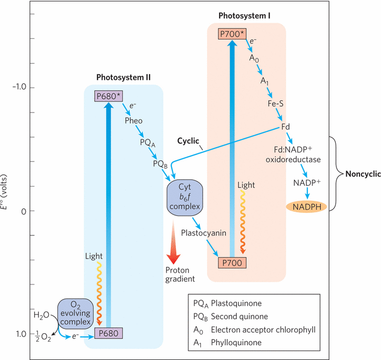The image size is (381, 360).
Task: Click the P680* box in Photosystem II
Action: (x=108, y=96)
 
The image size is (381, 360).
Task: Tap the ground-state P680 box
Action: (x=108, y=333)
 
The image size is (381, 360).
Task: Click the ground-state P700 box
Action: (x=231, y=262)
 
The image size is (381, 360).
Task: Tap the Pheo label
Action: (x=133, y=121)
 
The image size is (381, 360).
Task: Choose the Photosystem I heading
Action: (x=245, y=16)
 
